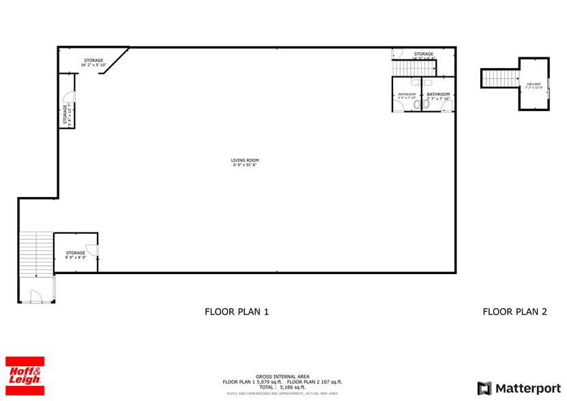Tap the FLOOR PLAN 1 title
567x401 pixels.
point(237,312)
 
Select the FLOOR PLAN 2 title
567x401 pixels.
point(514,312)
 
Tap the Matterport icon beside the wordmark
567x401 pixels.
point(484,388)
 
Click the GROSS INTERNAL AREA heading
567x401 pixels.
point(282,376)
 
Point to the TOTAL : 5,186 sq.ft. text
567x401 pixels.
point(282,387)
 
